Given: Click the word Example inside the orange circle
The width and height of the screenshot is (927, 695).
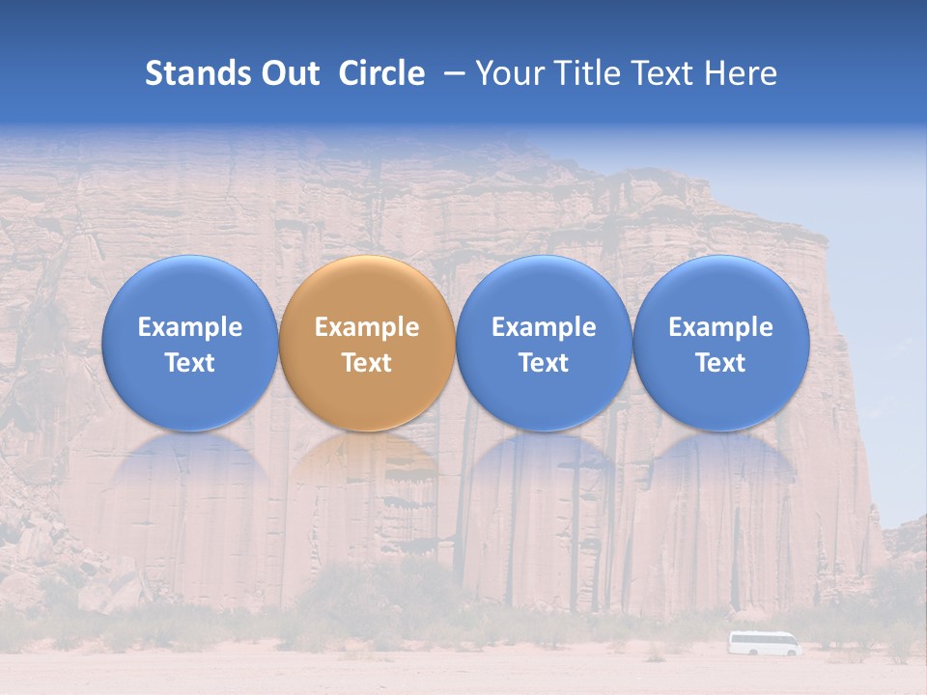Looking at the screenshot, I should point(367,327).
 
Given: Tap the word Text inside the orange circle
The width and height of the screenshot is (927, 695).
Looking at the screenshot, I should point(367,363).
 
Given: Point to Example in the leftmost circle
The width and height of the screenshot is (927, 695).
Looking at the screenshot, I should point(189,327).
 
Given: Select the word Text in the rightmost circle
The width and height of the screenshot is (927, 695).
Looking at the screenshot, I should point(720,363).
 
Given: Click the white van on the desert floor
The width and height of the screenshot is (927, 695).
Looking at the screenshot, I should point(764,644).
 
